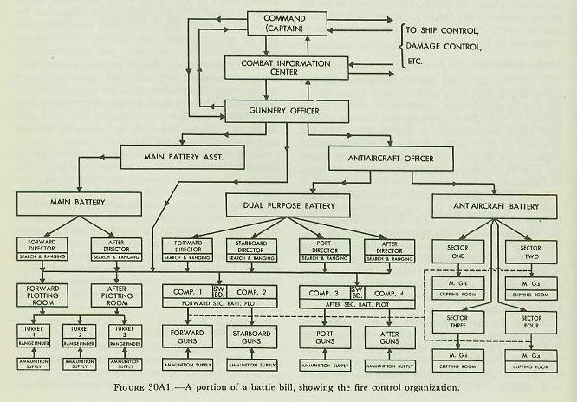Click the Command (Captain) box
pyautogui.click(x=290, y=25)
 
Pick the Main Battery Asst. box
pyautogui.click(x=182, y=157)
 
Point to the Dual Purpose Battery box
pyautogui.click(x=288, y=204)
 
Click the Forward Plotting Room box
pyautogui.click(x=48, y=295)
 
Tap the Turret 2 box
pyautogui.click(x=80, y=334)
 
